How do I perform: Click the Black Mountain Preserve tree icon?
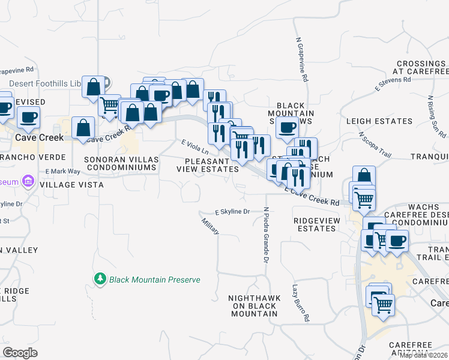point(100,279)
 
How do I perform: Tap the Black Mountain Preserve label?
point(154,280)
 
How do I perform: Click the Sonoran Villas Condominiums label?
point(121,164)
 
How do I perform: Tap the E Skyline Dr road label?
point(232,212)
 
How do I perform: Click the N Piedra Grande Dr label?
point(265,235)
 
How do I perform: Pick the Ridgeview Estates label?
point(317,224)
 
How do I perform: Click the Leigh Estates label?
point(379,121)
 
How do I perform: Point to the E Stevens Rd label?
point(393,83)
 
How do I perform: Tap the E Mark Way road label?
point(62,172)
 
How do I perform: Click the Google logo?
point(20,353)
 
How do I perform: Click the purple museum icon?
point(27,180)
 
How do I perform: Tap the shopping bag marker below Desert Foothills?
point(94,88)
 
